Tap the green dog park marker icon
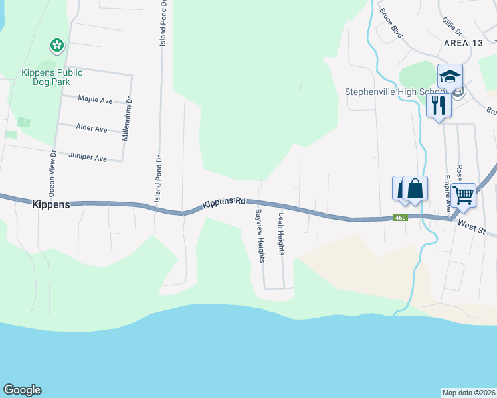(57, 46)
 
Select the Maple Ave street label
(95, 99)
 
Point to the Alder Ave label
(92, 129)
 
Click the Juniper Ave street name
(88, 158)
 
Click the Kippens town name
(50, 205)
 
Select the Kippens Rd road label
(224, 200)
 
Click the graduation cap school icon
(450, 76)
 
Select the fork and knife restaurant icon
(438, 105)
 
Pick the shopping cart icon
(463, 195)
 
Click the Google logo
(22, 390)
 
